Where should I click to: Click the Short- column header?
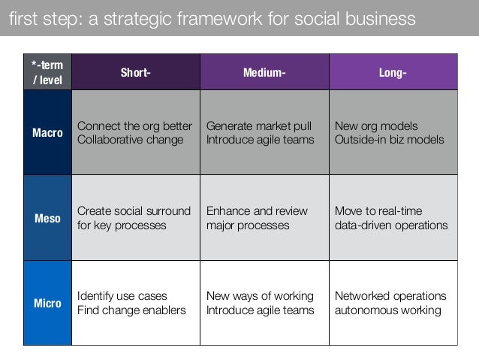tap(135, 73)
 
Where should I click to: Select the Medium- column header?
tap(264, 73)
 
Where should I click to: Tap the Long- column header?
tap(393, 73)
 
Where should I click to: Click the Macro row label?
tap(47, 133)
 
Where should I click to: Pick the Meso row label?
tap(47, 218)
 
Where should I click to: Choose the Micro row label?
tap(47, 303)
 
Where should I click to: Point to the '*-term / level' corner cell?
tap(47, 72)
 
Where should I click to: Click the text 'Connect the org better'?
tap(135, 126)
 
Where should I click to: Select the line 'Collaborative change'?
tap(130, 140)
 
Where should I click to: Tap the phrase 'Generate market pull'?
tap(259, 126)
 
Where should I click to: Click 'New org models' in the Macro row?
tap(376, 126)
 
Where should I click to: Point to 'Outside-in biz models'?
tap(389, 140)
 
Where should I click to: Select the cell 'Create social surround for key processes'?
tap(134, 218)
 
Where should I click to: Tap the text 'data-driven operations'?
tap(391, 225)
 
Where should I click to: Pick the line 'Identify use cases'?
tap(122, 295)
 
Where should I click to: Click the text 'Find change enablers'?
tap(131, 310)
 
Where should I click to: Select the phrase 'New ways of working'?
tap(260, 295)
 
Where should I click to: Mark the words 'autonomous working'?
tap(387, 310)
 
